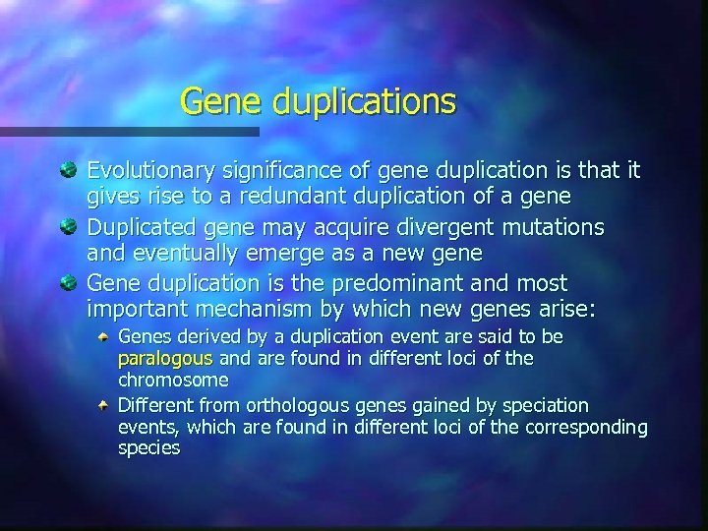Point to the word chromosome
click(173, 379)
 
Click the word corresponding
click(586, 427)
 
